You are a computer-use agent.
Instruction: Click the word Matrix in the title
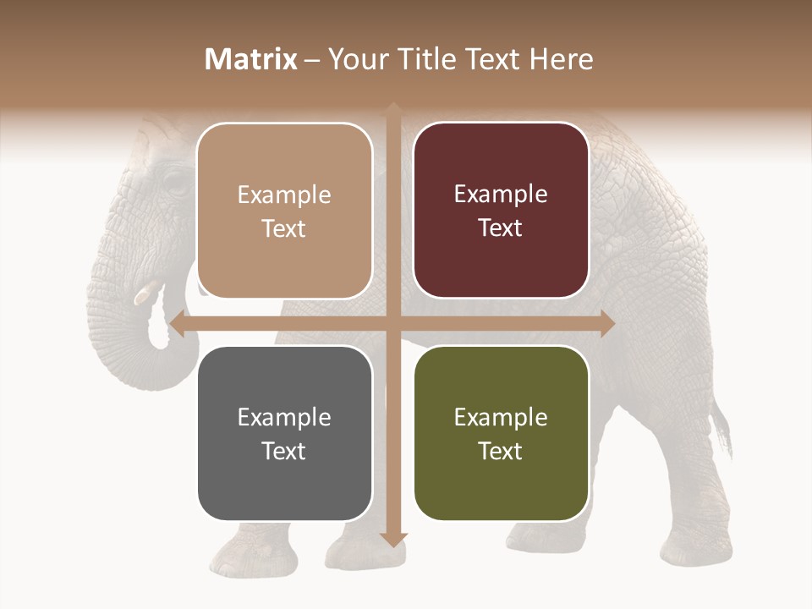point(251,59)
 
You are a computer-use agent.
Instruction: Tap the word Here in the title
point(561,59)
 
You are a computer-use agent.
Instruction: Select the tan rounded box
point(284,211)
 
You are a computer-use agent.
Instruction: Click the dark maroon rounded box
point(501,211)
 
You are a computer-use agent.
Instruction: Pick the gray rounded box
point(284,433)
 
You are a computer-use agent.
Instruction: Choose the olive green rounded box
point(501,433)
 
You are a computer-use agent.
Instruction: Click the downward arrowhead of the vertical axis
point(393,539)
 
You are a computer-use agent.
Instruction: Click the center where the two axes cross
point(393,323)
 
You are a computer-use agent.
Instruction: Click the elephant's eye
point(173,182)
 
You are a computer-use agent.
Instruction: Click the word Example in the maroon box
point(501,195)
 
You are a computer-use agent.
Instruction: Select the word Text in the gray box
point(284,451)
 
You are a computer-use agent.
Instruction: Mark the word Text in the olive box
point(501,451)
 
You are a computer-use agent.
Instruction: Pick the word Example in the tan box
point(284,195)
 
